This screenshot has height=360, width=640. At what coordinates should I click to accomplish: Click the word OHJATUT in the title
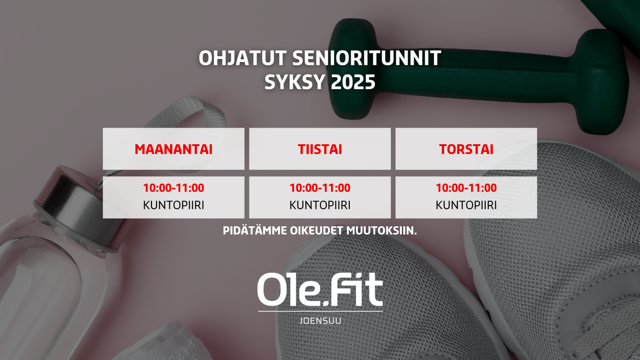(242, 58)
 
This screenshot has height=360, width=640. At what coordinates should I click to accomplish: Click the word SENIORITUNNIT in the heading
(366, 58)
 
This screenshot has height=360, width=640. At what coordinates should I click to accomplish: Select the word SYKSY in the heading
(294, 82)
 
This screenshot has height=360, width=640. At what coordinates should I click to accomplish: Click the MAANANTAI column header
(173, 149)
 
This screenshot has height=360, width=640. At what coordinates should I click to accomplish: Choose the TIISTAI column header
(320, 149)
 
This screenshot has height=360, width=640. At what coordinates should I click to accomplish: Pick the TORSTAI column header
(466, 149)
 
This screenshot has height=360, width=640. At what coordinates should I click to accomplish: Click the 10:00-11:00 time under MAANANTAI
(173, 188)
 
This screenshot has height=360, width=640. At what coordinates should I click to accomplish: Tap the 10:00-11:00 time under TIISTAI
(320, 188)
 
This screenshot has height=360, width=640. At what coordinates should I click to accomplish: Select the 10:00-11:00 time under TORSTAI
(466, 188)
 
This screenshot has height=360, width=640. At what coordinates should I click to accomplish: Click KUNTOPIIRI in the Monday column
(173, 205)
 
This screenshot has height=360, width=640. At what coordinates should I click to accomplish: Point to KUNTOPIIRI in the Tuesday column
(320, 205)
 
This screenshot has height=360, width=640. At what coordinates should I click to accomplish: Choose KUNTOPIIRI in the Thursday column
(466, 205)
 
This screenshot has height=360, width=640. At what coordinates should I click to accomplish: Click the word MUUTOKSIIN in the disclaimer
(381, 231)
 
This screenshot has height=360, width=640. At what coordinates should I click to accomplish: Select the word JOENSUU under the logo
(320, 321)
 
